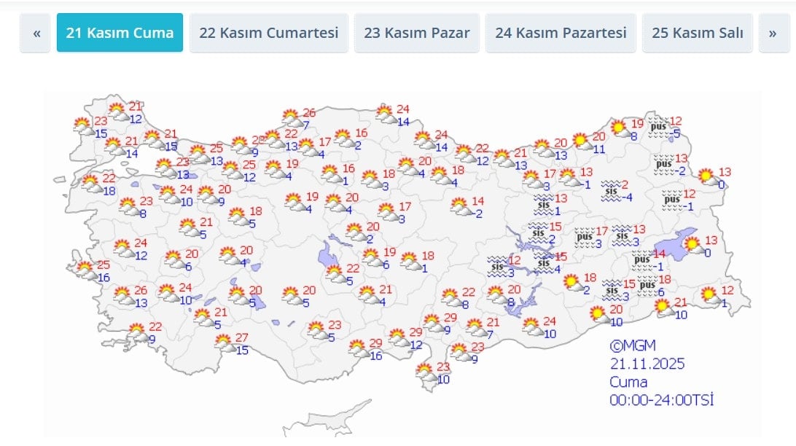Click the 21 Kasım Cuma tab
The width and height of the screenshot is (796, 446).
coord(120,33)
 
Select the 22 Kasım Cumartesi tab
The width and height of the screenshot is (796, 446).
coord(269,33)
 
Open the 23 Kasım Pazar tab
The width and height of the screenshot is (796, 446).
coord(416,33)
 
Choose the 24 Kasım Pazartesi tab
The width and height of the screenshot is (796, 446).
coord(561,33)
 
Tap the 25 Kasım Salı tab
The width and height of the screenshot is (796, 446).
coord(697,33)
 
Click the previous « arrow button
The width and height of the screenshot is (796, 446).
coord(36,34)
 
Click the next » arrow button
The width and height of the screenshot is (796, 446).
coord(773,34)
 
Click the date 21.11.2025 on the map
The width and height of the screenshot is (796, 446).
coord(647,364)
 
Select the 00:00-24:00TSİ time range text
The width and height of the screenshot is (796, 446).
coord(660,399)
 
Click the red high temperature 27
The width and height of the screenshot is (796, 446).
coord(242,337)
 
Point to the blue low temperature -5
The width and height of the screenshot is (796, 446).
coord(676,133)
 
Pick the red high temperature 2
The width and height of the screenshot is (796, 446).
coord(625,184)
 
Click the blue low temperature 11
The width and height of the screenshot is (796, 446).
coord(598,149)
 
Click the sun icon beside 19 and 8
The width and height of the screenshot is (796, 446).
coord(619,129)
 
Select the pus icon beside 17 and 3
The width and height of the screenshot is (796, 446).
coord(585,236)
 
